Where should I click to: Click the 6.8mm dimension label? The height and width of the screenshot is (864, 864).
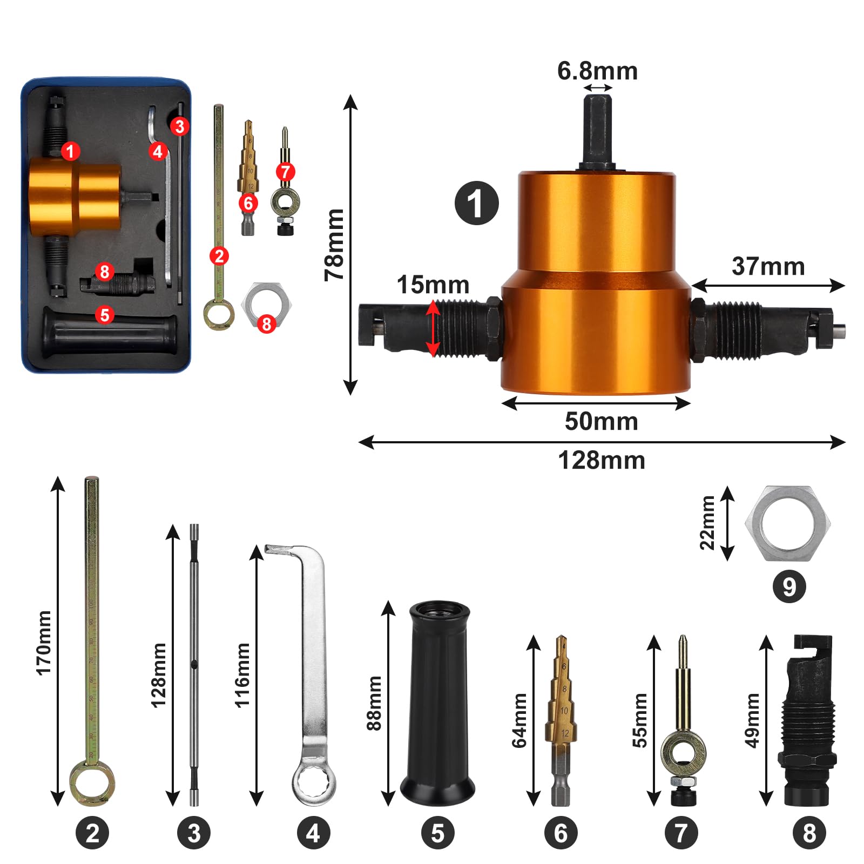coord(597,71)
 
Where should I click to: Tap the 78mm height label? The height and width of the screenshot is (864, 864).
coord(335,245)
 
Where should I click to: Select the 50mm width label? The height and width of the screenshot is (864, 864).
coord(601,421)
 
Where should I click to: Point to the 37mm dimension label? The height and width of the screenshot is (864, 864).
coord(768,266)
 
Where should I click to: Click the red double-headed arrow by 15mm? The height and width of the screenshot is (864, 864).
coord(433,328)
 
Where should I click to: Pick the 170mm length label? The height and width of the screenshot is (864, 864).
coord(44,643)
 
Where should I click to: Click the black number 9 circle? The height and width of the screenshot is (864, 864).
coord(789,586)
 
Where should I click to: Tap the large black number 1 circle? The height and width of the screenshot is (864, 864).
coord(477,203)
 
